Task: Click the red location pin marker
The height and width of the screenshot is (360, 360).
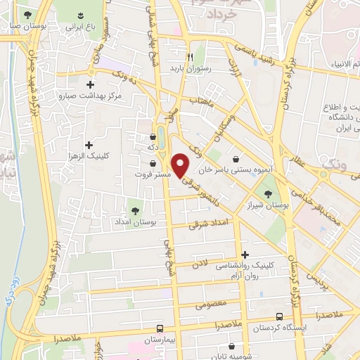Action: pyautogui.click(x=181, y=165)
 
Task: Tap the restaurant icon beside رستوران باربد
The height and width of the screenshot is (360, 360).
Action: pyautogui.click(x=189, y=58)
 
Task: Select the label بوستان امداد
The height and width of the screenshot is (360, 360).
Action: pyautogui.click(x=134, y=221)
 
